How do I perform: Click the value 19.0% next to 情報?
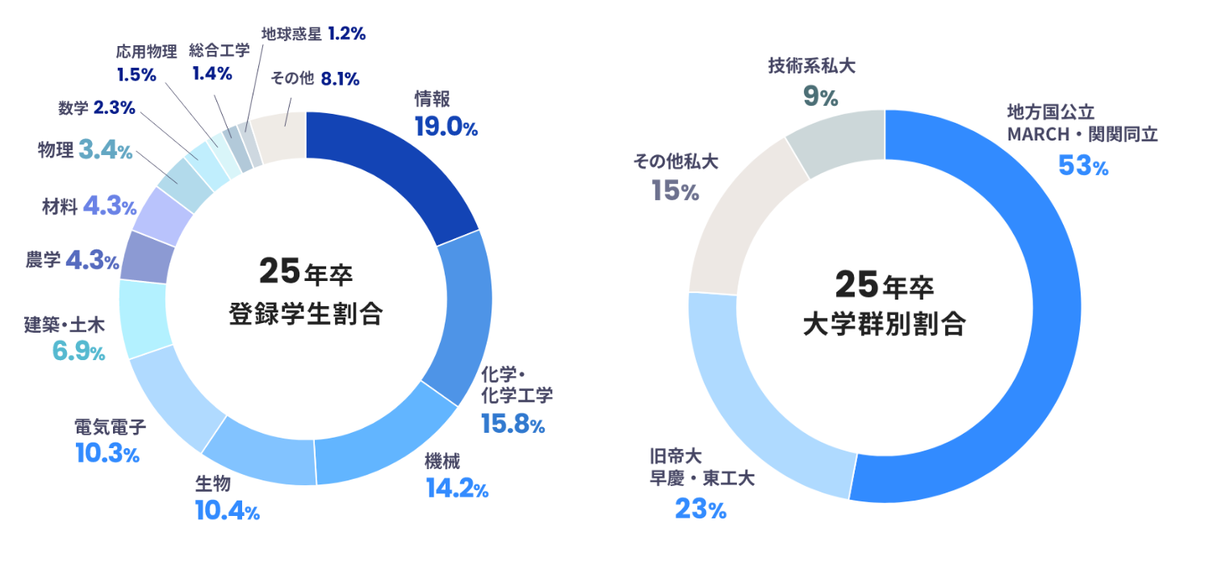[446, 127]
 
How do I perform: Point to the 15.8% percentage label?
[512, 423]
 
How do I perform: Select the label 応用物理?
[146, 52]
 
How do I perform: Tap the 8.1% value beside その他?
[340, 79]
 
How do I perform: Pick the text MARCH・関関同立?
[1081, 134]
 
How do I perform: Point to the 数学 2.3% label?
[96, 107]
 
